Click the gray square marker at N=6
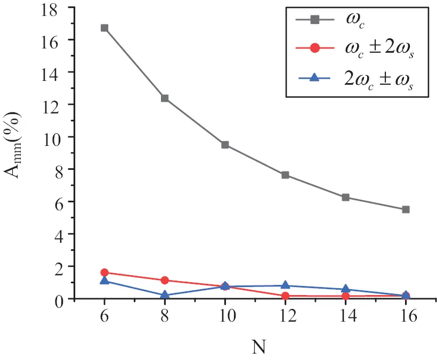pyautogui.click(x=104, y=28)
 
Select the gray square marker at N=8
pyautogui.click(x=165, y=98)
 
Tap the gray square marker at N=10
pyautogui.click(x=225, y=145)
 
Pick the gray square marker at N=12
pyautogui.click(x=285, y=175)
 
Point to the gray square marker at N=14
pyautogui.click(x=345, y=197)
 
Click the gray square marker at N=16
pyautogui.click(x=406, y=209)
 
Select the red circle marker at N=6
pyautogui.click(x=104, y=273)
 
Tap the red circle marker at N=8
pyautogui.click(x=165, y=280)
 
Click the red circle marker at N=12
pyautogui.click(x=285, y=296)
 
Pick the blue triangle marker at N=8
pyautogui.click(x=165, y=295)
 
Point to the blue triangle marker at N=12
pyautogui.click(x=285, y=285)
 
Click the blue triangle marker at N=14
pyautogui.click(x=345, y=289)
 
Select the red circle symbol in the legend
pyautogui.click(x=314, y=48)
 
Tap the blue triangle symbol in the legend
pyautogui.click(x=314, y=78)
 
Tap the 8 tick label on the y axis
pyautogui.click(x=60, y=169)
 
